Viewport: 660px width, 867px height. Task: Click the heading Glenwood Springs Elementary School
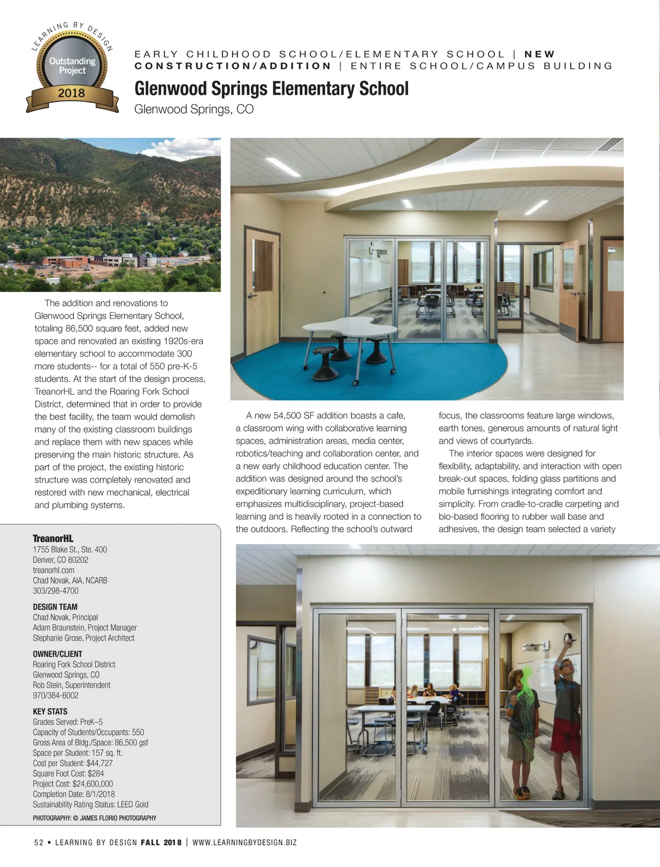(x=271, y=89)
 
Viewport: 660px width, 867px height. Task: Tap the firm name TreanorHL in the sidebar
(x=53, y=538)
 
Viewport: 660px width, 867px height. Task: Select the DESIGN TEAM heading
(x=55, y=607)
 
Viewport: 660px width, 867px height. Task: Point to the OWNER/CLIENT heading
(x=57, y=654)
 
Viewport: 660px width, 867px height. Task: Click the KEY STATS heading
(x=50, y=711)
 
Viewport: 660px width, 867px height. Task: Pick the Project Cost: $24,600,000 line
(x=73, y=784)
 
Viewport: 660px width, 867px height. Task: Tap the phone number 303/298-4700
(x=56, y=591)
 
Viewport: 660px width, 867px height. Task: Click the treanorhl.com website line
(x=53, y=570)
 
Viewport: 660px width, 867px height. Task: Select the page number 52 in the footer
(x=39, y=842)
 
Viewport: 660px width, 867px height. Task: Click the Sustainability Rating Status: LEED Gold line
(x=90, y=804)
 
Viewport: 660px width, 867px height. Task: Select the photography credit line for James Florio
(x=94, y=818)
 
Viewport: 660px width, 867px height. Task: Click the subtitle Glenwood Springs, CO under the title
(x=194, y=109)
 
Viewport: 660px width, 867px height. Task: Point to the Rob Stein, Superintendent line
(x=71, y=685)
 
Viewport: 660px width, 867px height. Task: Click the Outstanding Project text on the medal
(x=72, y=66)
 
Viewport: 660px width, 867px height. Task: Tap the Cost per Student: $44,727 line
(x=73, y=763)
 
